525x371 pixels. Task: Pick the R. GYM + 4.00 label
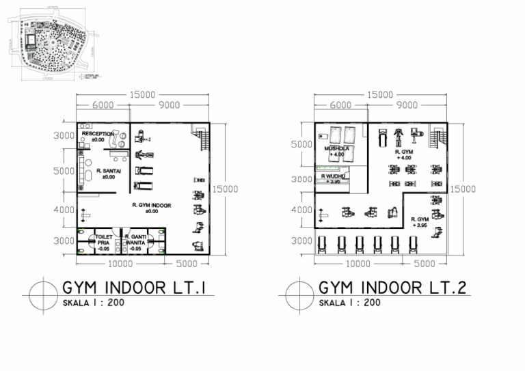click(406, 154)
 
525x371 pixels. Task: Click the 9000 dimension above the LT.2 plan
click(407, 105)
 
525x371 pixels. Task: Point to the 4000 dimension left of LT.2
click(301, 210)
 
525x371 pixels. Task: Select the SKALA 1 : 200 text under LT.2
click(349, 303)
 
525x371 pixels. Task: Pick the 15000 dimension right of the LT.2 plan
click(463, 189)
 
